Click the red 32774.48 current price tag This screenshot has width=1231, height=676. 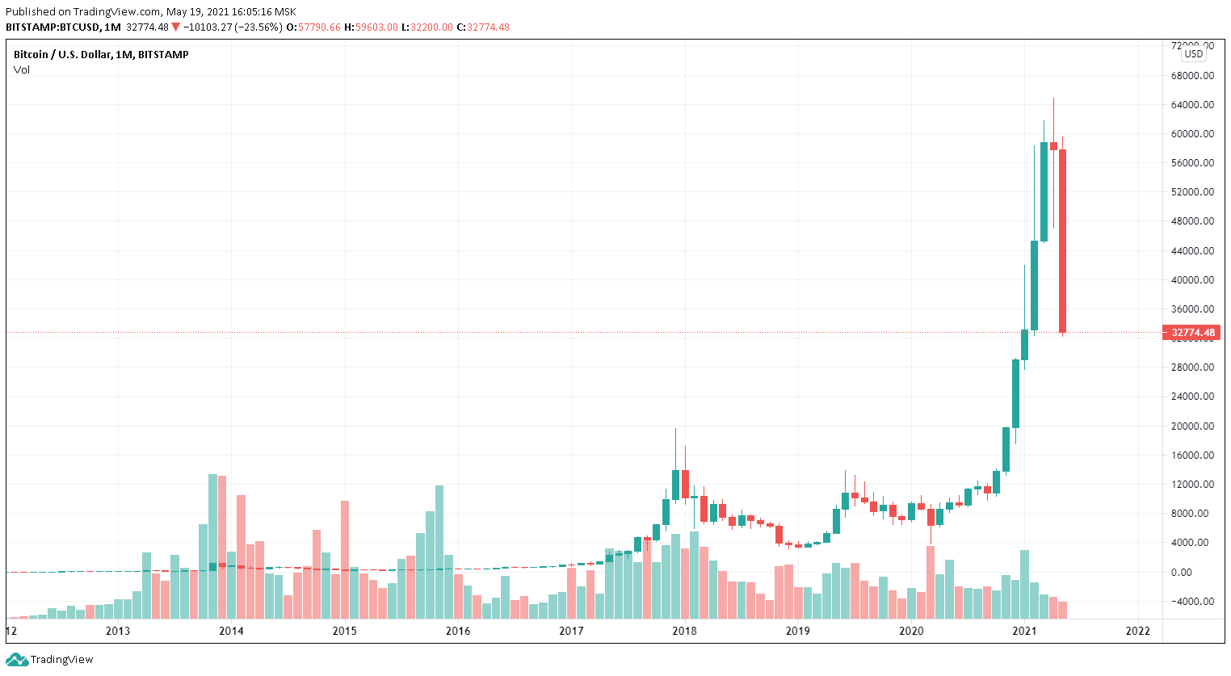click(x=1192, y=332)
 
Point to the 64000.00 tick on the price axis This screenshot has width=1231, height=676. click(x=1192, y=105)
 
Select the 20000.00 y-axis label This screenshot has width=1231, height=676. click(x=1192, y=426)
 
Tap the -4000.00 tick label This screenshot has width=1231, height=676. click(x=1192, y=601)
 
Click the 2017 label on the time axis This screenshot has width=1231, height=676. click(x=571, y=631)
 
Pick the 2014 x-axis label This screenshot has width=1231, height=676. click(x=231, y=631)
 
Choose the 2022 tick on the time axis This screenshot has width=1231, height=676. click(x=1137, y=631)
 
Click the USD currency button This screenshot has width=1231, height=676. click(x=1193, y=54)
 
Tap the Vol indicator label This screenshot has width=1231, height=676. click(x=22, y=69)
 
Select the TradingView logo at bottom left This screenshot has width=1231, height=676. click(x=50, y=659)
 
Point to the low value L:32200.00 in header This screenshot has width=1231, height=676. click(x=427, y=27)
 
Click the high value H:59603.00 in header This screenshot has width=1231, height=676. click(x=371, y=27)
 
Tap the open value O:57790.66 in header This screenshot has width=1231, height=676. click(x=314, y=27)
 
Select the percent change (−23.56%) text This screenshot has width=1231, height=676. click(x=258, y=27)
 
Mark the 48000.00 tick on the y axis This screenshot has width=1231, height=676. click(x=1192, y=220)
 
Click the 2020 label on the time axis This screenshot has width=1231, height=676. click(x=911, y=631)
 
